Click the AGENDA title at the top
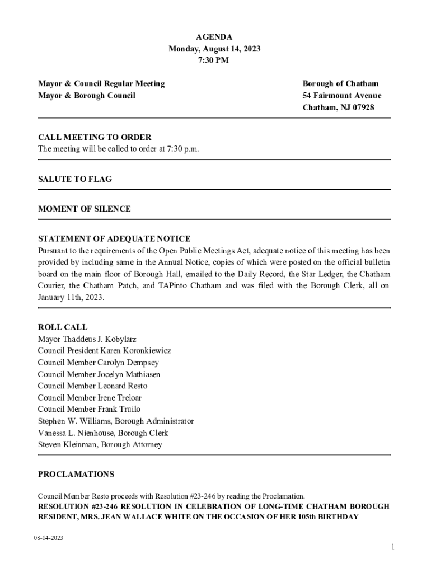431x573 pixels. click(x=214, y=37)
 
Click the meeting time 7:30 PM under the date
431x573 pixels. click(x=214, y=60)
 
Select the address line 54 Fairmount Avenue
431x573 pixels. click(x=342, y=96)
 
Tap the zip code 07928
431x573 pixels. click(x=362, y=107)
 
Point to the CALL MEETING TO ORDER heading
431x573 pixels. click(x=95, y=137)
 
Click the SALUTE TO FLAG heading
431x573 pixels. click(x=75, y=179)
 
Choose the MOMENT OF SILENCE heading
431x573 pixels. click(x=85, y=209)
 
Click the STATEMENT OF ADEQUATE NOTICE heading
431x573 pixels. click(x=114, y=239)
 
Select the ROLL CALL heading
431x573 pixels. click(x=63, y=327)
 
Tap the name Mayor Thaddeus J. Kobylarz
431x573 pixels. click(x=87, y=339)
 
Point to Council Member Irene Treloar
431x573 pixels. click(x=90, y=398)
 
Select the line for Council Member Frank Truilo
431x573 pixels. click(x=89, y=410)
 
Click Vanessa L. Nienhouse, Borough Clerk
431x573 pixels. click(x=103, y=433)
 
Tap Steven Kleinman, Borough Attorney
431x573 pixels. click(x=100, y=445)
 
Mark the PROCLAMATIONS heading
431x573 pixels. click(x=76, y=475)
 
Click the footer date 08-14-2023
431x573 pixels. click(x=48, y=538)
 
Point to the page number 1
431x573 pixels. click(x=393, y=547)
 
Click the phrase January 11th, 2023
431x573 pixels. click(x=71, y=298)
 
